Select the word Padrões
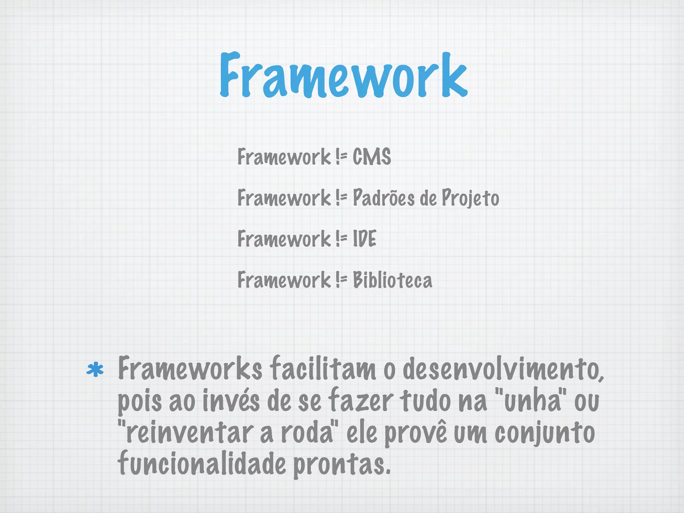tap(383, 198)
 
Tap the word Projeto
tap(470, 198)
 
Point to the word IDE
tap(364, 239)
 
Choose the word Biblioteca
tap(392, 280)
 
